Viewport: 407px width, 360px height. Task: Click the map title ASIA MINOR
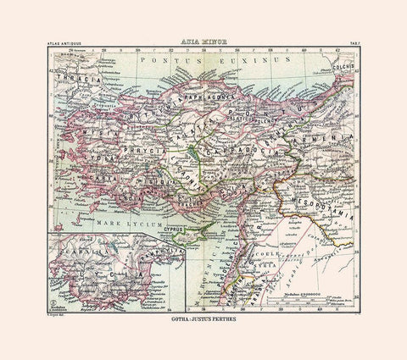coord(203,39)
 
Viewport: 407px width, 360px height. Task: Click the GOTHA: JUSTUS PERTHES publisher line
coord(203,321)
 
